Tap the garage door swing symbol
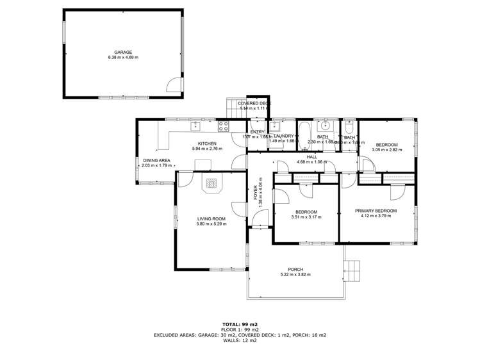[x=174, y=85]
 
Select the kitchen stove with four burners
[x=224, y=126]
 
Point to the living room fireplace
[x=212, y=184]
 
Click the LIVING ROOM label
[x=211, y=218]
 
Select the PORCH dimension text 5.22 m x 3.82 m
[x=295, y=275]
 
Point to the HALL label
[x=312, y=156]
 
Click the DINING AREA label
[x=156, y=160]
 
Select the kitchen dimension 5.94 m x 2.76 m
[x=207, y=149]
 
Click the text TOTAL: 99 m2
[x=240, y=325]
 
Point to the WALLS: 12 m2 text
[x=240, y=340]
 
